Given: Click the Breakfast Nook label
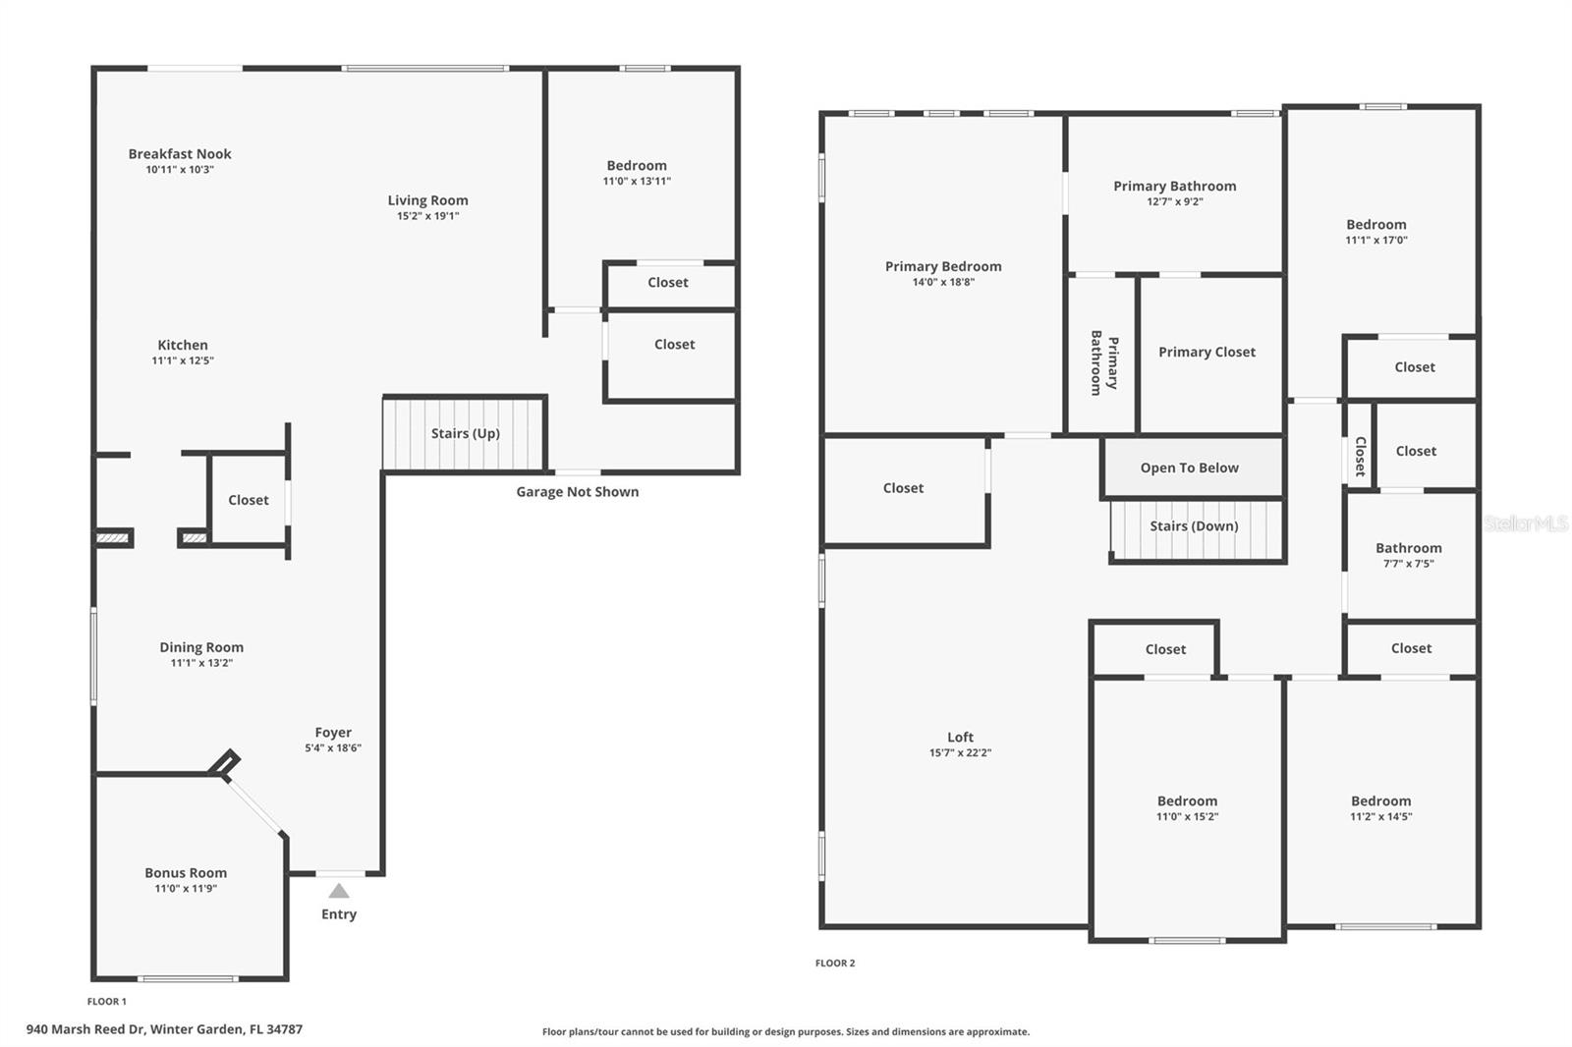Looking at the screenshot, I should [180, 154].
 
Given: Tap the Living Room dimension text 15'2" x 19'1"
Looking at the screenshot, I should [427, 216].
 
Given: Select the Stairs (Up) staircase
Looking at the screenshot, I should [464, 434].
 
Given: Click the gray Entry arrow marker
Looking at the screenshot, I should [339, 891].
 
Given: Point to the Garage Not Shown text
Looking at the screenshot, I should [577, 492].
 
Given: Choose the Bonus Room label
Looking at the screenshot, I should [186, 873].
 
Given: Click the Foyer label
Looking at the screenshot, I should [333, 733].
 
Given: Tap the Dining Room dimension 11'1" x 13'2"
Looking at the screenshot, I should [201, 663].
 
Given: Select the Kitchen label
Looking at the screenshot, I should [183, 345].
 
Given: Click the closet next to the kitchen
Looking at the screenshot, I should [248, 500].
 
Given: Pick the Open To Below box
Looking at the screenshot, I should [1190, 468].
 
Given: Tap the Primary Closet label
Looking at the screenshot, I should [1207, 353].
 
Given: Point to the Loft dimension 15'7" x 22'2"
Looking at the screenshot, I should [960, 753].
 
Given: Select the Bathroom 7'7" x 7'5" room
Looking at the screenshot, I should [1409, 555].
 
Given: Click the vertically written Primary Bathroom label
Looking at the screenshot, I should [1103, 362].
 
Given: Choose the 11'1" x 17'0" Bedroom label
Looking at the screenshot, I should [1375, 225].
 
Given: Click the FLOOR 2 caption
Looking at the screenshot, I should [835, 964].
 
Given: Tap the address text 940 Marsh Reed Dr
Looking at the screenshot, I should [164, 1029].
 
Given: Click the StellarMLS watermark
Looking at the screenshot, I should [1525, 523].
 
